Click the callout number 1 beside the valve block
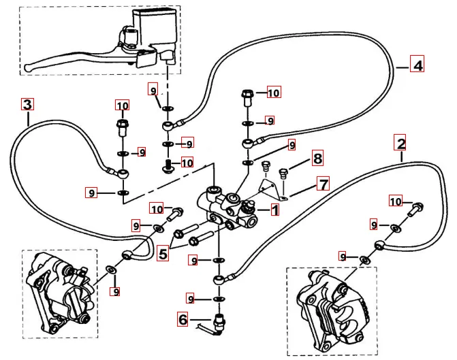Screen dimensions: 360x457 click(274, 210)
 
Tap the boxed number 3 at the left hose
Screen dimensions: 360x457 click(27, 104)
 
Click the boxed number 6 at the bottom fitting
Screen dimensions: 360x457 click(183, 317)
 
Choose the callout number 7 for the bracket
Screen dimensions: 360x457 click(322, 184)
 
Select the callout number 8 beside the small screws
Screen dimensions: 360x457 click(317, 159)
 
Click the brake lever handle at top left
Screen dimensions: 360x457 click(68, 63)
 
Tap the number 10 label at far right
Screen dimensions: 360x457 click(396, 201)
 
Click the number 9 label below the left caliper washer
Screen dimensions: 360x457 click(116, 291)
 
